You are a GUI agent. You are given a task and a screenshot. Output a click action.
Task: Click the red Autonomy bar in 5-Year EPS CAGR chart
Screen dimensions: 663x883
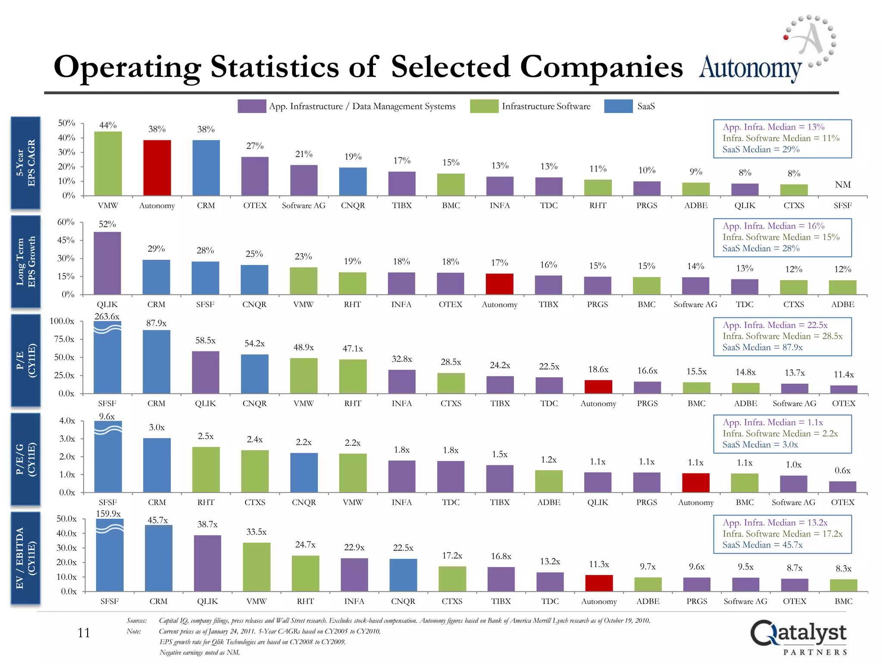tap(157, 168)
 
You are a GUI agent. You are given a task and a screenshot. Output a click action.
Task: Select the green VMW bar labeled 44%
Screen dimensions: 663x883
tap(108, 164)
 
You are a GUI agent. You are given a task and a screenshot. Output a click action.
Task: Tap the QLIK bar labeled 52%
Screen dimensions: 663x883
tap(107, 263)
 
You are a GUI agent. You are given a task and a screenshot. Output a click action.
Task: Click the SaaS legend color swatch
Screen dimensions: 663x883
tap(618, 106)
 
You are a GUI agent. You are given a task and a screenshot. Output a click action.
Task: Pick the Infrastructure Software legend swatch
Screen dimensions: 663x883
tap(484, 106)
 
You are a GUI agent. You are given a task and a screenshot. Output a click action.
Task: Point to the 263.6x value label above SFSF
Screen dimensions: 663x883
tap(107, 316)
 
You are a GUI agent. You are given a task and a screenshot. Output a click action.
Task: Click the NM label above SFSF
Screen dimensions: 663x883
tap(842, 185)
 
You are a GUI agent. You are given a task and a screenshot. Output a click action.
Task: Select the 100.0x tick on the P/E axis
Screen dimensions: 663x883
tap(62, 321)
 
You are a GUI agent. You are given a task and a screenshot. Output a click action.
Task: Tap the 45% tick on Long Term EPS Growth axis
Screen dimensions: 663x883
tap(66, 240)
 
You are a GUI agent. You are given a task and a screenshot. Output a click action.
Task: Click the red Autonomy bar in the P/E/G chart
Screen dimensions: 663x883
tap(695, 483)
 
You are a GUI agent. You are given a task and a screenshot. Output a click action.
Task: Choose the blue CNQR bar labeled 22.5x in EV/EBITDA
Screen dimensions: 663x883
tap(403, 575)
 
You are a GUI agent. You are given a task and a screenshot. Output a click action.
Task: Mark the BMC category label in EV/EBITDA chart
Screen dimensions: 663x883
tap(843, 601)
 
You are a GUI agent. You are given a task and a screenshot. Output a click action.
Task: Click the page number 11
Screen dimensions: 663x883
tap(84, 633)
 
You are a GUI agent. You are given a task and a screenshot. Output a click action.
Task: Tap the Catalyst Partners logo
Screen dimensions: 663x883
tap(798, 637)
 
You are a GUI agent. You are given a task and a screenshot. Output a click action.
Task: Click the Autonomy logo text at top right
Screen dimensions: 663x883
tap(750, 68)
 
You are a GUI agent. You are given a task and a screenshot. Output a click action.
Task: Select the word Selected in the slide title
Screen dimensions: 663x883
tap(450, 67)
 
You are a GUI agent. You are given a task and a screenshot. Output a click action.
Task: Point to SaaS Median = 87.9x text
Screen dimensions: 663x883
tap(762, 347)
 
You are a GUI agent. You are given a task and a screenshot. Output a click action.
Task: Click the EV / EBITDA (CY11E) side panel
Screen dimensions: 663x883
tap(25, 558)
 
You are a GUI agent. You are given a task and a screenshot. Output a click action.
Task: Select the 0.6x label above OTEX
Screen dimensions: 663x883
tap(842, 470)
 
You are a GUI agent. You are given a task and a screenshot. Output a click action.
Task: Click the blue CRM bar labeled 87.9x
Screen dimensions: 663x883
tap(157, 362)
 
